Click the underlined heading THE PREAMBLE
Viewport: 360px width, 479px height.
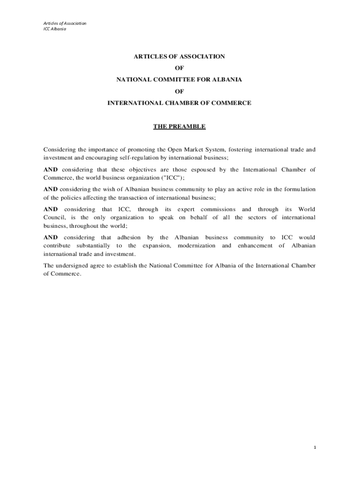click(x=180, y=127)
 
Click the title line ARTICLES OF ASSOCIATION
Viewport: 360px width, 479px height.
click(x=180, y=56)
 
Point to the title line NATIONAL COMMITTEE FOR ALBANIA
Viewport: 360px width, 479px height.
click(x=180, y=80)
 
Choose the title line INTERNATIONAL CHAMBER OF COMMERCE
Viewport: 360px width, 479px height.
click(x=180, y=103)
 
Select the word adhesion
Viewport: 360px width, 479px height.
click(x=129, y=238)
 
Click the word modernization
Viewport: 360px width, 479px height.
click(x=196, y=246)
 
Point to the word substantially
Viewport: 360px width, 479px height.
click(x=94, y=246)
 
